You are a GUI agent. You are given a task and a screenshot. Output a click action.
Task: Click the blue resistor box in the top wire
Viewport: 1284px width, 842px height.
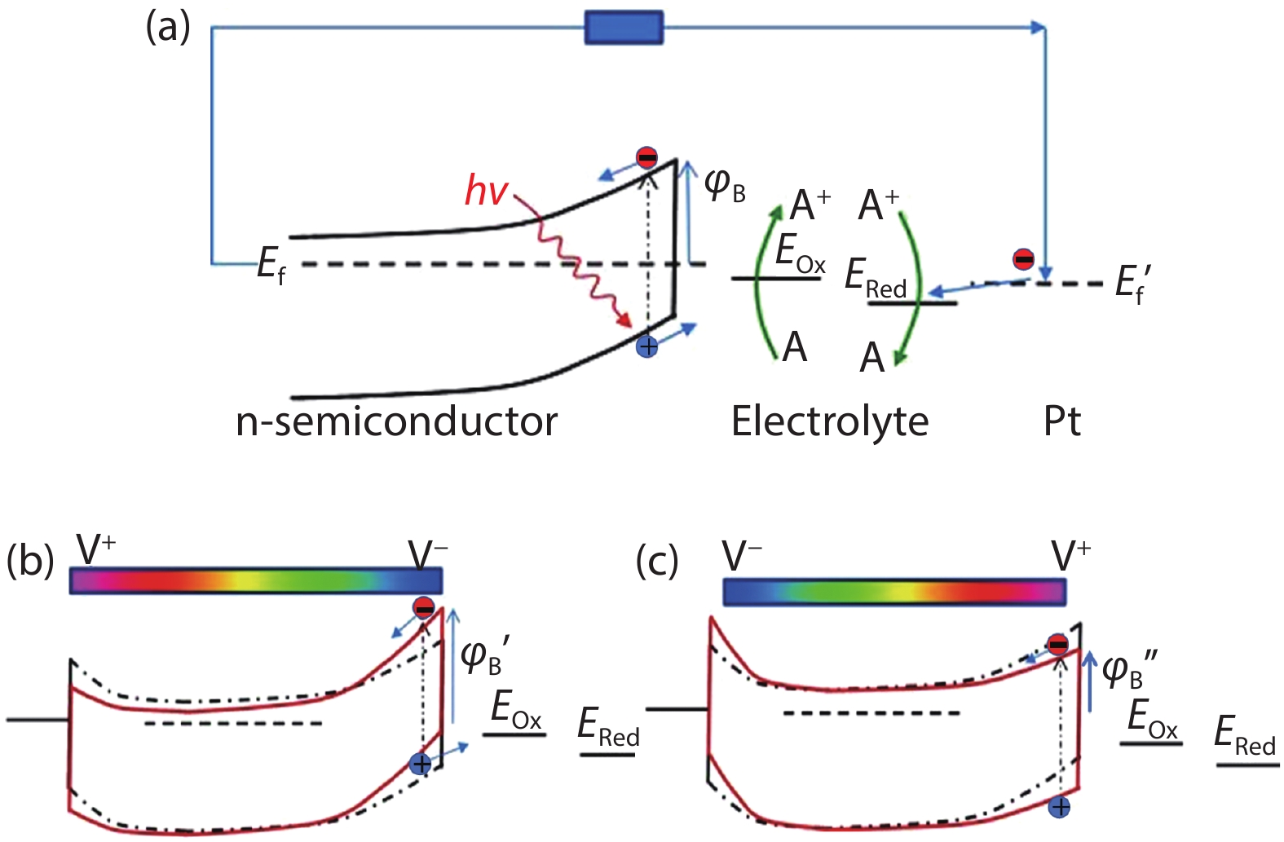click(624, 28)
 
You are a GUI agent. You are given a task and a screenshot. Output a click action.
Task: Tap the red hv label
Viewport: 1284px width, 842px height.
click(487, 192)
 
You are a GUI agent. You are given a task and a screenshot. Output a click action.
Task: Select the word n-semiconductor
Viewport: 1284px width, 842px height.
click(396, 422)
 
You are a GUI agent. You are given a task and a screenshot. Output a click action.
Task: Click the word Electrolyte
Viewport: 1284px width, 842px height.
click(830, 422)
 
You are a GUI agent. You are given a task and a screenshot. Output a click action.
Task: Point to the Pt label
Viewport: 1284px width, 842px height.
click(1061, 422)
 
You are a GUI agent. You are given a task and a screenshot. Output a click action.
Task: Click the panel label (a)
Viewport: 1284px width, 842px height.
click(168, 28)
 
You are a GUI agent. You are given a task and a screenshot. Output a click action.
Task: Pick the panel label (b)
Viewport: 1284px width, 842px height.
click(30, 562)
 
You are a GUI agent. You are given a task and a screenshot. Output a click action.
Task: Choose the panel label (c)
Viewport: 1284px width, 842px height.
click(657, 562)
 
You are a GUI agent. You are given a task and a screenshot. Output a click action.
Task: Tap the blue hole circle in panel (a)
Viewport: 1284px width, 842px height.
click(647, 347)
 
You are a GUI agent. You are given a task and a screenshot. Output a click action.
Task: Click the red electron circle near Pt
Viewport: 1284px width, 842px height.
click(1023, 259)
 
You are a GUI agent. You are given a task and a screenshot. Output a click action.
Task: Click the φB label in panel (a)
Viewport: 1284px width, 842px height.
click(725, 185)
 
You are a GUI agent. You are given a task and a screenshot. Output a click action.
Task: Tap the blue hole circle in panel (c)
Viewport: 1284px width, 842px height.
click(1060, 807)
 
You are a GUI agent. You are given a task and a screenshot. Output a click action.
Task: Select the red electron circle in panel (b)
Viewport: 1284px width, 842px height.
click(424, 607)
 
